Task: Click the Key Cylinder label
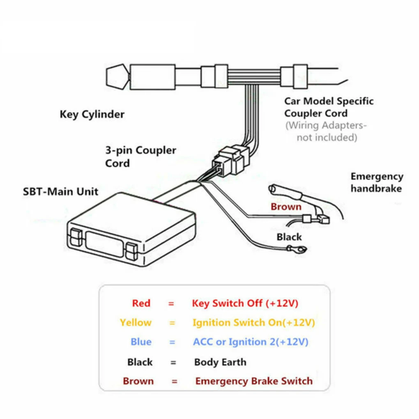(92, 114)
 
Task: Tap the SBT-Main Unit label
(60, 191)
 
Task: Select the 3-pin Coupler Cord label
(140, 157)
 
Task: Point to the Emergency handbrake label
(376, 182)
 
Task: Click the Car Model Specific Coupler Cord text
(329, 107)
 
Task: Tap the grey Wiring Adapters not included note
(326, 131)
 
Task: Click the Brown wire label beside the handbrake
(286, 207)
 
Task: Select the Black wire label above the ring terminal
(289, 237)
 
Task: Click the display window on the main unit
(105, 243)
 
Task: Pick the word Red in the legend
(141, 304)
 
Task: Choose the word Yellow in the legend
(136, 322)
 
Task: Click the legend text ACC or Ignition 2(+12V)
(251, 342)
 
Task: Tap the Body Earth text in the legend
(220, 362)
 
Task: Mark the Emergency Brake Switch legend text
(253, 381)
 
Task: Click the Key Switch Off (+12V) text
(245, 304)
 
